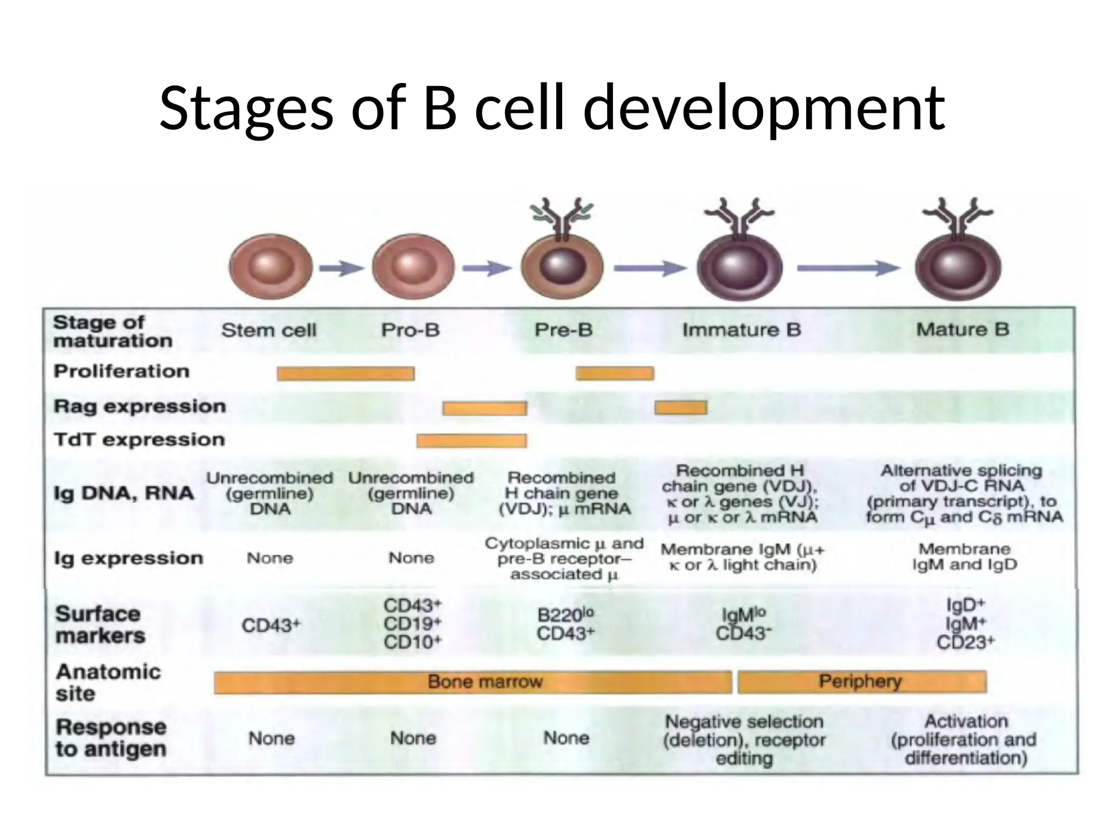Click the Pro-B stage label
[x=410, y=330]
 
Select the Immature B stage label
[x=741, y=330]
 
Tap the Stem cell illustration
[x=271, y=267]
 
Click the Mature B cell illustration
[x=958, y=267]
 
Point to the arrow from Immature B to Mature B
[x=848, y=268]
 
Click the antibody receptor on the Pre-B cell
[x=562, y=219]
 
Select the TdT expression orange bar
[x=471, y=441]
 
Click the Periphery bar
[x=861, y=682]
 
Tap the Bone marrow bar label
[x=484, y=682]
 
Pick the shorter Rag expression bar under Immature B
[x=680, y=407]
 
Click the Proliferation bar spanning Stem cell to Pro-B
[x=346, y=373]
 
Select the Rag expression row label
[x=139, y=406]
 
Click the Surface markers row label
[x=100, y=625]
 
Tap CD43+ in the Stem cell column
[x=271, y=626]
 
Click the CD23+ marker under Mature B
[x=965, y=642]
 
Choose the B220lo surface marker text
[x=565, y=615]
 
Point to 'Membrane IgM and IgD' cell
[x=965, y=557]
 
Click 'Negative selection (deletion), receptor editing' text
[x=744, y=739]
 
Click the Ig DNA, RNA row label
[x=124, y=493]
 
